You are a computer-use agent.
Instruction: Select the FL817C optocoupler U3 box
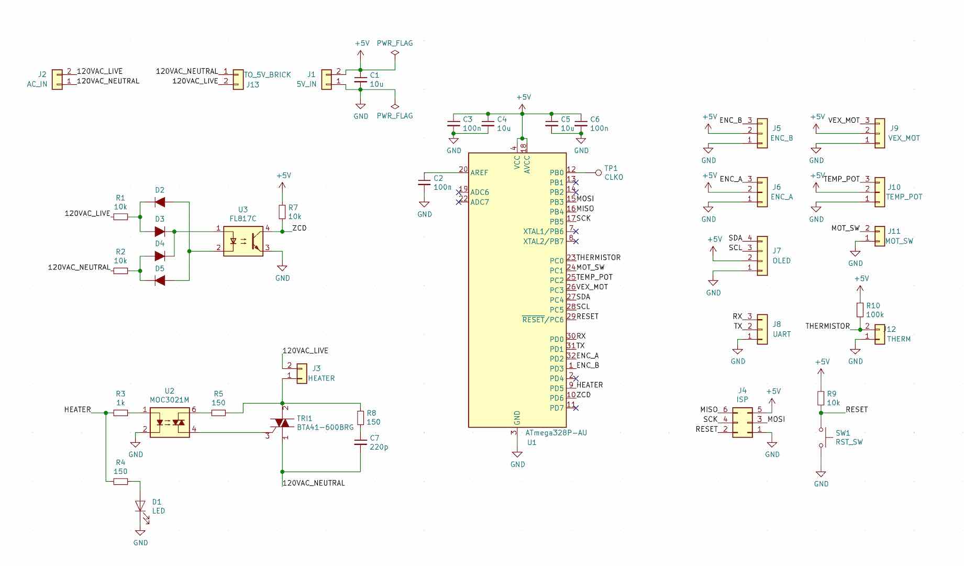[243, 241]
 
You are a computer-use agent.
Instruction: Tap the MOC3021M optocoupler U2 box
[170, 422]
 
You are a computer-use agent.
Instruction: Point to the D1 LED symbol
[140, 506]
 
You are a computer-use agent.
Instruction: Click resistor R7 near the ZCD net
[282, 212]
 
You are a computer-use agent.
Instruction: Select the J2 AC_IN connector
[57, 80]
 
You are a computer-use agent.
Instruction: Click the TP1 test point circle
[599, 172]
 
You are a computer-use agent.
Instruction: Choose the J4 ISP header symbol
[742, 422]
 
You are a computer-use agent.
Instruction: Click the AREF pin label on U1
[479, 172]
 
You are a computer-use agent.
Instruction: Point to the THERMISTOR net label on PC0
[598, 258]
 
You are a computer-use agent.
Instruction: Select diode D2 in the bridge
[160, 202]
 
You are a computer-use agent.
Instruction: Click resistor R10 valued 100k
[860, 310]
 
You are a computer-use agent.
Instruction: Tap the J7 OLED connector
[762, 255]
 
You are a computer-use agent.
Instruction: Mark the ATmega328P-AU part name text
[556, 433]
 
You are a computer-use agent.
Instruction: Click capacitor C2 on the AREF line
[424, 183]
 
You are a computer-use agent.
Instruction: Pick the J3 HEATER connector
[302, 373]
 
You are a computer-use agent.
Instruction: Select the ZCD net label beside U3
[300, 228]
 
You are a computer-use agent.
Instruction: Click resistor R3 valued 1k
[120, 412]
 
